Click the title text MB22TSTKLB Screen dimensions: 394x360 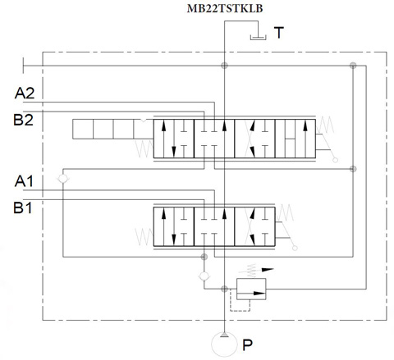pos(225,8)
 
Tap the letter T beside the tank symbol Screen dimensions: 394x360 pos(279,33)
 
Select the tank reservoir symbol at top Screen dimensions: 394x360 pos(258,38)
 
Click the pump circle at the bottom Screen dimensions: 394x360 pos(224,344)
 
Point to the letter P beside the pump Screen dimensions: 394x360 pos(247,345)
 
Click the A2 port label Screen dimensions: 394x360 pos(25,93)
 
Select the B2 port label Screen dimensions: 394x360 pos(24,120)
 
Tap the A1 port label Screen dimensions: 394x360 pos(24,181)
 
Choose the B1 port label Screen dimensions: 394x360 pos(23,207)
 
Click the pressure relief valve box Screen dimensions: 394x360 pos(251,289)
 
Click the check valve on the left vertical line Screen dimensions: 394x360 pos(63,179)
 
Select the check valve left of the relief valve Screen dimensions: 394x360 pos(204,276)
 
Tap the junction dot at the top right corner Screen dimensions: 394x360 pos(353,66)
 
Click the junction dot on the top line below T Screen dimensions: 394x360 pos(224,66)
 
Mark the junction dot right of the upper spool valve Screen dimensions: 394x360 pos(353,169)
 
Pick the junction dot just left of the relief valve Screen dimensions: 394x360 pos(224,289)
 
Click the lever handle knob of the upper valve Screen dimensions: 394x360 pos(336,160)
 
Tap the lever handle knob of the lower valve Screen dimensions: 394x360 pos(295,248)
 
